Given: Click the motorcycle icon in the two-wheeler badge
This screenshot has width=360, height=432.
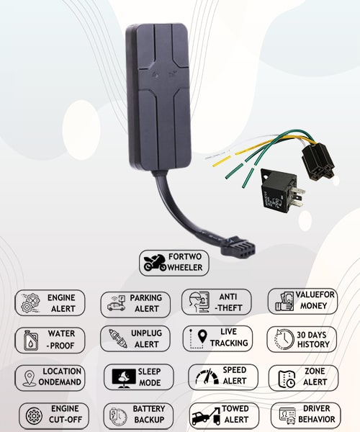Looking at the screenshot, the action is click(x=155, y=263).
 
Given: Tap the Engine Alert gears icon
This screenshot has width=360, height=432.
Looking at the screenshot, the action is click(x=30, y=303).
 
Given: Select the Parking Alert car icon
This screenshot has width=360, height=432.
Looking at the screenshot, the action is click(x=116, y=303).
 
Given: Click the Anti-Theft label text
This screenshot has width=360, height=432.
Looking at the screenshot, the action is click(x=228, y=302).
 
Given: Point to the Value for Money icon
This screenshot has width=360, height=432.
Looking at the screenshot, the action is click(x=284, y=302).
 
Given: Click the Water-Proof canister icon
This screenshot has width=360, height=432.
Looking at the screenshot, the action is click(x=30, y=341).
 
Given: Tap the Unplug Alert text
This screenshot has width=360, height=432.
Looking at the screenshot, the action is click(x=146, y=338).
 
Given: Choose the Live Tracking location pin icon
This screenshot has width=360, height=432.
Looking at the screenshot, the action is click(x=199, y=338).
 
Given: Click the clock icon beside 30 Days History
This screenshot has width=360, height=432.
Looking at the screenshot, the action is click(x=284, y=338).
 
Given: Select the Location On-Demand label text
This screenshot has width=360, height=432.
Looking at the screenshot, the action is click(x=60, y=377).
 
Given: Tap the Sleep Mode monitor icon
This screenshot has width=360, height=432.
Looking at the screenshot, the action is click(x=124, y=378).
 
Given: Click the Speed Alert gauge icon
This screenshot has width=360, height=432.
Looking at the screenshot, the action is click(x=207, y=377).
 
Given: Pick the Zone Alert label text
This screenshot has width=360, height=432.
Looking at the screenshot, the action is click(x=315, y=377).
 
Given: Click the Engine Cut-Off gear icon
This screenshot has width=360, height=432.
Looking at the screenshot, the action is click(x=34, y=415).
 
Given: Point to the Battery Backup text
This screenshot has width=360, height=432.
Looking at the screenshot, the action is click(x=149, y=414).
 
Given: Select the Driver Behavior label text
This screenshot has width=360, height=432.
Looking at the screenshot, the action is click(x=317, y=414).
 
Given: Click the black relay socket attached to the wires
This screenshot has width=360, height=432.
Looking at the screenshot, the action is click(x=318, y=162).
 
